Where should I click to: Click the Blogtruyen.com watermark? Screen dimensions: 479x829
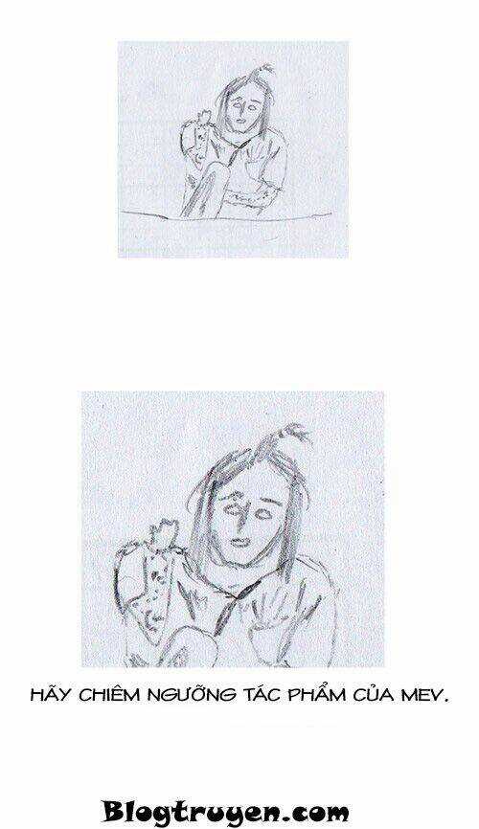tap(225, 812)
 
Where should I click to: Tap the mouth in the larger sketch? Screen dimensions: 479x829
tap(239, 543)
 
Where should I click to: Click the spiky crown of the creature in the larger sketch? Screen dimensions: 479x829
tap(163, 531)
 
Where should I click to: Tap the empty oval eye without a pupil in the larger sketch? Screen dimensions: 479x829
tap(263, 513)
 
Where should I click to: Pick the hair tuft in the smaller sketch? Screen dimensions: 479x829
tap(263, 71)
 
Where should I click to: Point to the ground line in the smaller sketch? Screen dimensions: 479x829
tap(226, 216)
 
